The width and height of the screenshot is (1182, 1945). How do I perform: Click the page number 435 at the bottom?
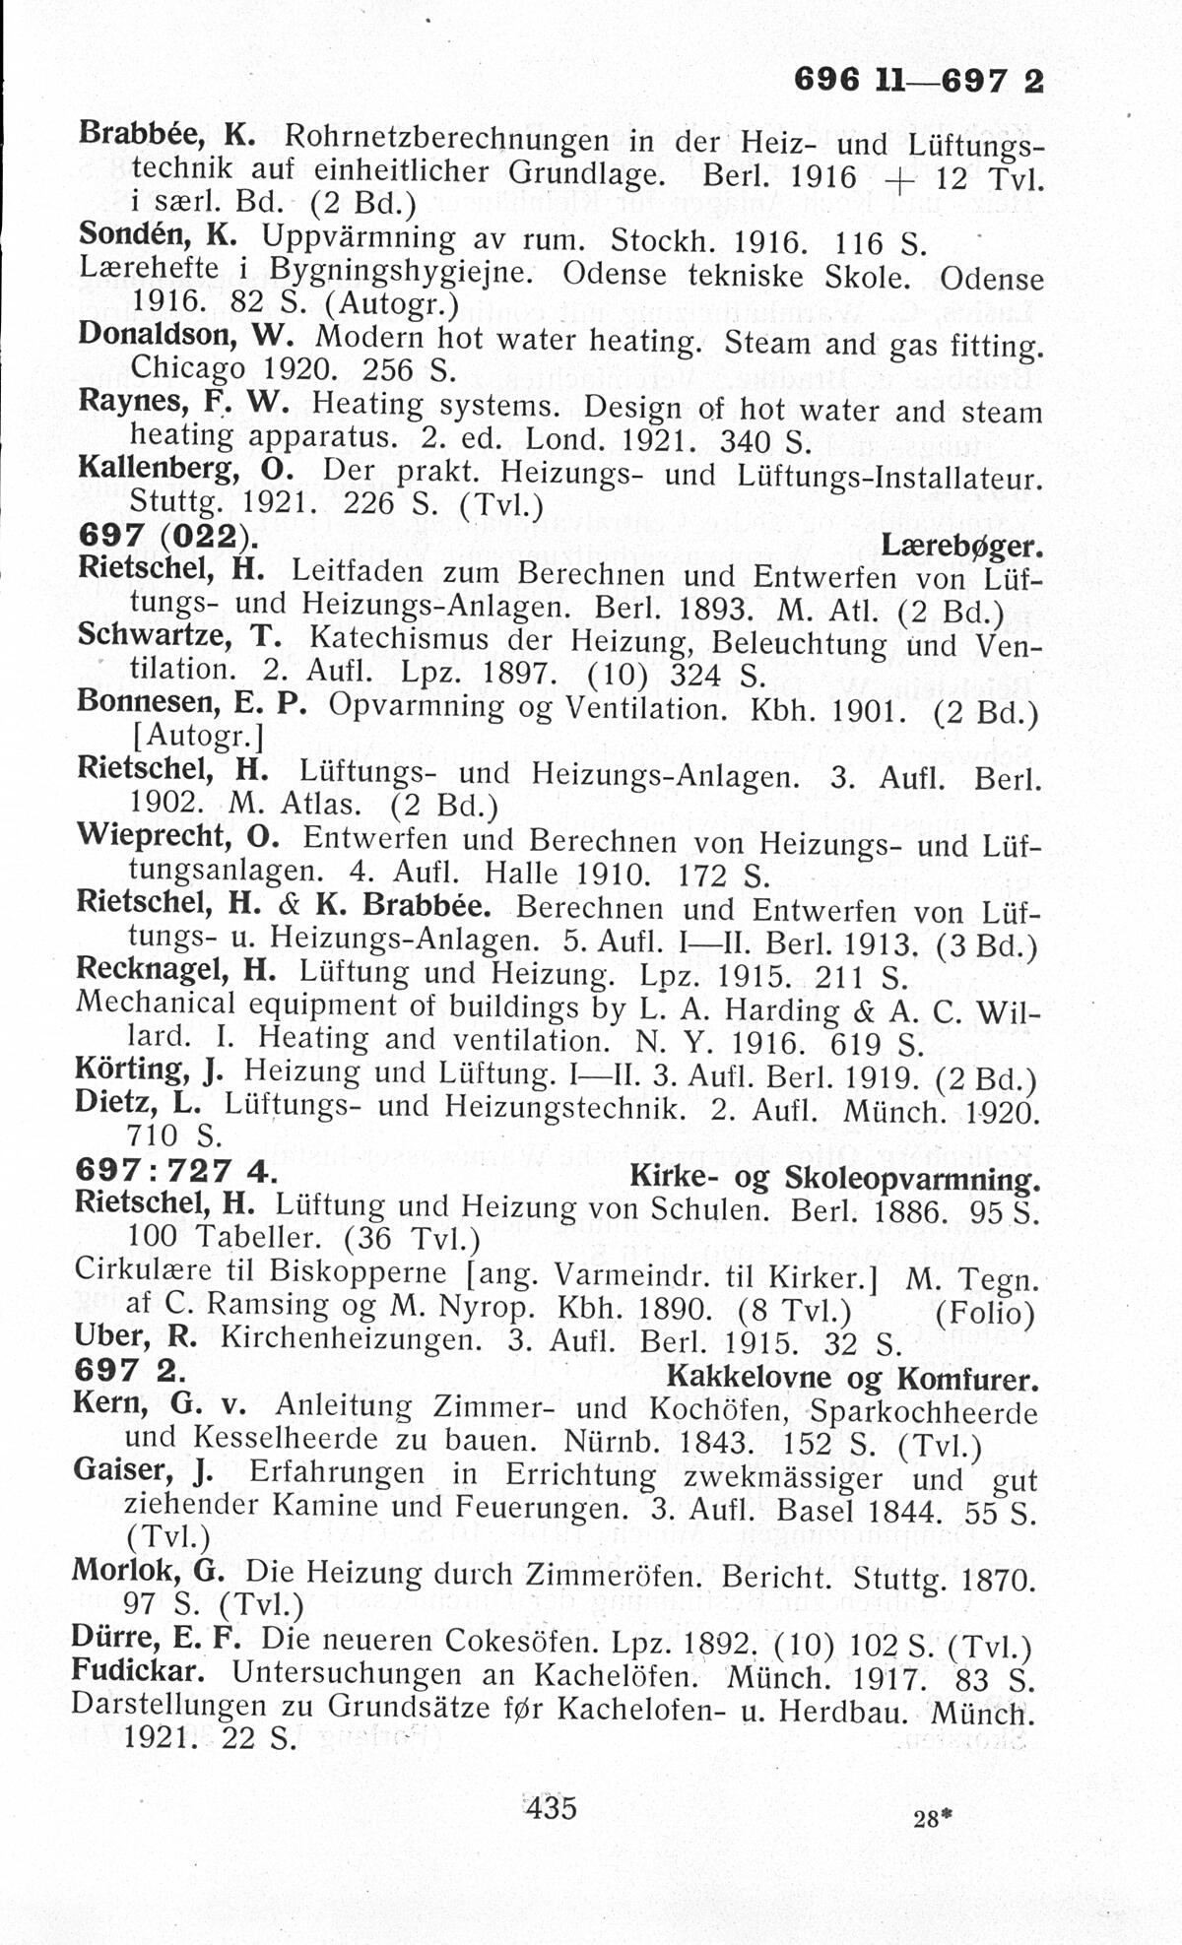551,1808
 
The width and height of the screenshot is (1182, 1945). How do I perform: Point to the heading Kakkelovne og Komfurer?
853,1378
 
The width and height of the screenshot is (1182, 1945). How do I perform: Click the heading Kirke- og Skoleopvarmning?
834,1178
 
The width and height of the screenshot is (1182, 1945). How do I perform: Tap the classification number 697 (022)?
163,538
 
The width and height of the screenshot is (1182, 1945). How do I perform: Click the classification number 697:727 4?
174,1171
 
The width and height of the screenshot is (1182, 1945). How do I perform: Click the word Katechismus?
396,638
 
